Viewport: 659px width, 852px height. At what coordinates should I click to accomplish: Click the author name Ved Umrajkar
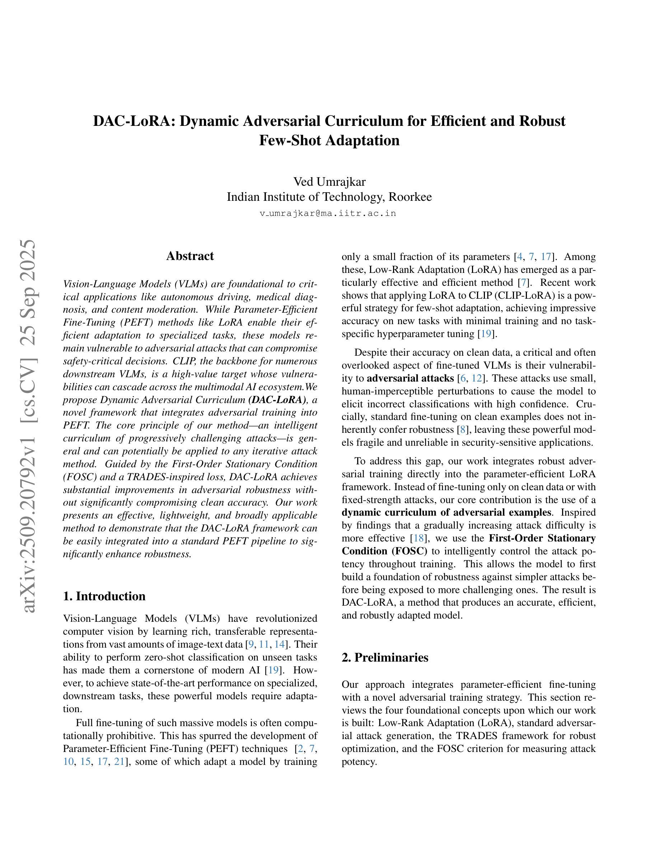(x=329, y=182)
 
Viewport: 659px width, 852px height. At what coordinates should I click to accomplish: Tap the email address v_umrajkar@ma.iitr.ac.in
(x=328, y=213)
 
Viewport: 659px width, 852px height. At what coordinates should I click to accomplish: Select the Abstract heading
(x=190, y=256)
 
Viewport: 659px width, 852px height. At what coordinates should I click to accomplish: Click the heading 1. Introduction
(x=104, y=596)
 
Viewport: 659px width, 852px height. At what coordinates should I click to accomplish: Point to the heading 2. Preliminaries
(x=384, y=657)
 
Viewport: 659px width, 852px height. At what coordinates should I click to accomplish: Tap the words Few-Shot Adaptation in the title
(x=329, y=141)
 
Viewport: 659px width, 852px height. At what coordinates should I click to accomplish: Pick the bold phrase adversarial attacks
(x=410, y=378)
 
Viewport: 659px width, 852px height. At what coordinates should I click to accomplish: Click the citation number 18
(x=419, y=538)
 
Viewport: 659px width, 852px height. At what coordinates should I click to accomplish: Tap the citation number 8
(x=463, y=430)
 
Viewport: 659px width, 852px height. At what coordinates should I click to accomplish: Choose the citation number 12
(x=477, y=378)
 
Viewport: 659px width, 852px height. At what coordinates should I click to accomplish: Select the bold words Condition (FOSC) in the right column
(x=384, y=551)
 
